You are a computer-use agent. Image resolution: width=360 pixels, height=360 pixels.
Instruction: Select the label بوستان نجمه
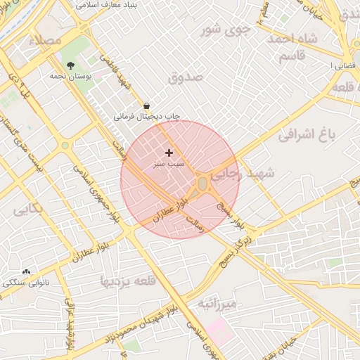click(x=68, y=75)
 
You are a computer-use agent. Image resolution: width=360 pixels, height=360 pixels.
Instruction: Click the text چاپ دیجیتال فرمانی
click(x=148, y=115)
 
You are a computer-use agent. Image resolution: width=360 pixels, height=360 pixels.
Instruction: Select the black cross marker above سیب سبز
click(x=169, y=153)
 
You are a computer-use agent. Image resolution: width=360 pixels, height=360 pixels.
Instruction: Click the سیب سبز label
click(x=169, y=163)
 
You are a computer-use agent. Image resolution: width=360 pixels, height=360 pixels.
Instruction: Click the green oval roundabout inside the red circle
click(x=202, y=184)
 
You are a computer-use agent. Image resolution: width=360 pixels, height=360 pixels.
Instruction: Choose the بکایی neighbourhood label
click(x=28, y=209)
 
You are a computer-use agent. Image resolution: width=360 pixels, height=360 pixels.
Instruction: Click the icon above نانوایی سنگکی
click(x=27, y=271)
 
